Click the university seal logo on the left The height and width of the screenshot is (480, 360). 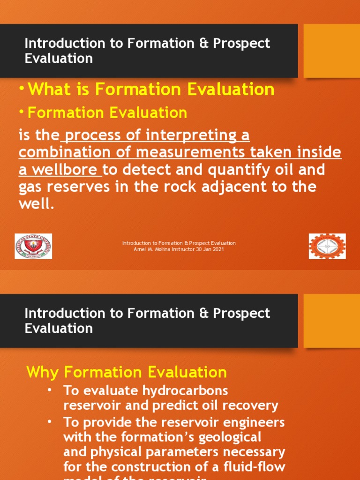tap(33, 246)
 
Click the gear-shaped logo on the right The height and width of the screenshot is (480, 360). tap(327, 246)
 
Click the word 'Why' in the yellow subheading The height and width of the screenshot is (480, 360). tap(43, 372)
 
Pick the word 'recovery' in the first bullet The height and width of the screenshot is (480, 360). tap(253, 405)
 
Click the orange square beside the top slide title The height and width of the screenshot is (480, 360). tap(332, 51)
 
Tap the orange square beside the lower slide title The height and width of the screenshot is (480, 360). tap(332, 321)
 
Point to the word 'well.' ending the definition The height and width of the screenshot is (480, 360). tap(37, 204)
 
